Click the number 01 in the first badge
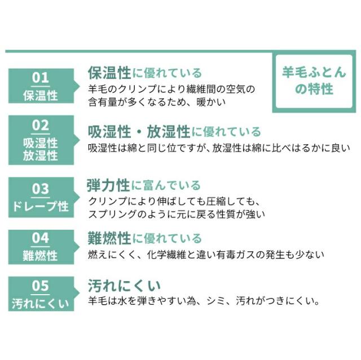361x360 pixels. click(41, 78)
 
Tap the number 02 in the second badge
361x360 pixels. click(41, 125)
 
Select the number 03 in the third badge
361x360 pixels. click(41, 189)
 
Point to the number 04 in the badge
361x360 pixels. click(41, 238)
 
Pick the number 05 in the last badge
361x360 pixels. click(41, 286)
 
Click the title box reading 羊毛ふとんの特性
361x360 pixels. click(314, 81)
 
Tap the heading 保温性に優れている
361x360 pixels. click(144, 73)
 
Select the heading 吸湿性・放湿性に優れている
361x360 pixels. click(174, 132)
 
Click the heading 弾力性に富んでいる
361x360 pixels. click(144, 185)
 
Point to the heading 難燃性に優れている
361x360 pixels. click(144, 238)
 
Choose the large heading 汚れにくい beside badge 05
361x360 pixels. click(124, 286)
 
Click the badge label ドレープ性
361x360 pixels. click(41, 206)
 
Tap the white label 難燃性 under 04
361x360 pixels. click(40, 256)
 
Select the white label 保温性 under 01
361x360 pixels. click(40, 95)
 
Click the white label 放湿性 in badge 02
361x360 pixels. click(40, 155)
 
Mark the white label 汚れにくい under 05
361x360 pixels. click(41, 304)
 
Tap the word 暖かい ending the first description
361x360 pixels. click(211, 102)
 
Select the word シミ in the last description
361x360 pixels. click(216, 301)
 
